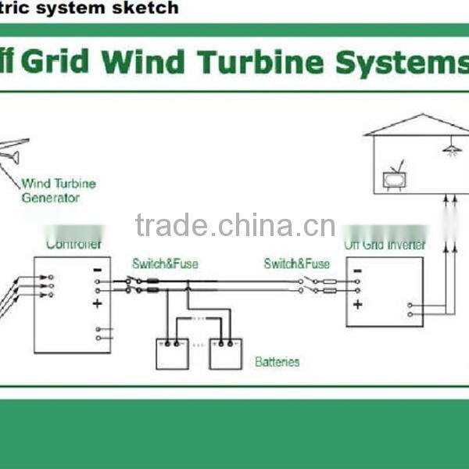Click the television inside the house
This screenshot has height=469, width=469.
(395, 180)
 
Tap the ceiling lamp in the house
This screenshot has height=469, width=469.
(450, 147)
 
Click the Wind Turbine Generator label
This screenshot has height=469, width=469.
(57, 191)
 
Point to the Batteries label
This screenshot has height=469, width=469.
(277, 362)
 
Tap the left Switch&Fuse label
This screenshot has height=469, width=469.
(165, 264)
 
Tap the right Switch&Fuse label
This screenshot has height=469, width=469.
(296, 264)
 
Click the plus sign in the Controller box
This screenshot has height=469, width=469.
(97, 303)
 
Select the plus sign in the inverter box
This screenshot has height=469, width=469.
(357, 304)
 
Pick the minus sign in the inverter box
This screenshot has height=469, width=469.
(357, 272)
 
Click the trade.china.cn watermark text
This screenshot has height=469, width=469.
(234, 225)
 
